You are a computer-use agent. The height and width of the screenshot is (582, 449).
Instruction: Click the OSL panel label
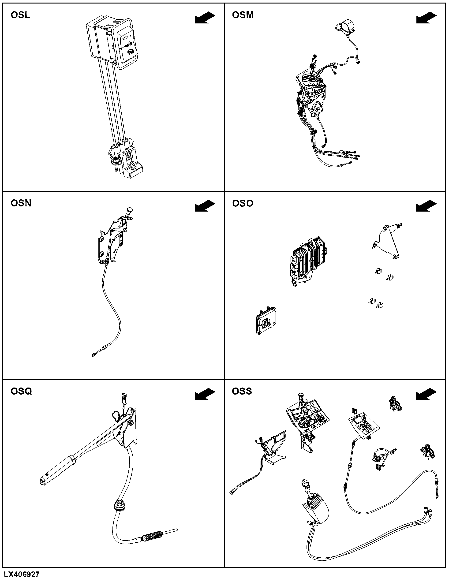[21, 15]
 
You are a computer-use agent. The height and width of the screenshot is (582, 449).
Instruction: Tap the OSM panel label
[243, 15]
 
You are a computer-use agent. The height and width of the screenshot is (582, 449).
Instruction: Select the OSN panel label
[21, 203]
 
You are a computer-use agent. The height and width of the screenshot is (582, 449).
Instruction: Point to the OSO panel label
[243, 203]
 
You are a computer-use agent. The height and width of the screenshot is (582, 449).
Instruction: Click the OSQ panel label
[21, 392]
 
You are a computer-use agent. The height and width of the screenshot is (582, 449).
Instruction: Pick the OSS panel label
[242, 391]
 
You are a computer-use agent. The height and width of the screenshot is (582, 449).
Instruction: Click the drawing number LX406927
[22, 575]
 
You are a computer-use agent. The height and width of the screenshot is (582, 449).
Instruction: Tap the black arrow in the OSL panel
[205, 18]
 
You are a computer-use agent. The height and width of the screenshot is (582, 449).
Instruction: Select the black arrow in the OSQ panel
[205, 394]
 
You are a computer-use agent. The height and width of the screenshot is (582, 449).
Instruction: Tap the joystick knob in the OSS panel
[306, 483]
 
